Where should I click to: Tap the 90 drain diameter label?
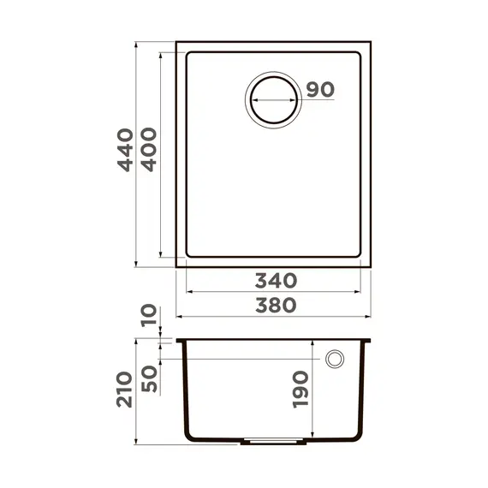318,90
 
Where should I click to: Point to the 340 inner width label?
275,280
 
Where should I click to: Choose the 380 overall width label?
275,305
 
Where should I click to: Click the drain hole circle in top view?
273,99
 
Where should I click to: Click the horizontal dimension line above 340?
275,292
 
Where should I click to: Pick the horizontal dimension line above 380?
275,317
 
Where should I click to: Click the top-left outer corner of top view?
176,40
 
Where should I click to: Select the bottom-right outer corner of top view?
371,265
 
